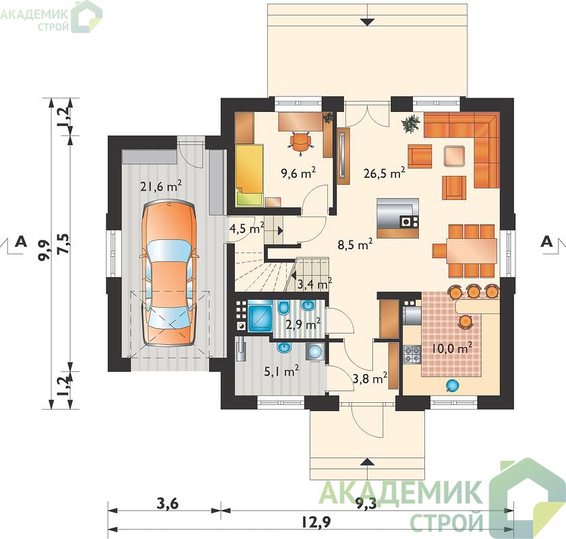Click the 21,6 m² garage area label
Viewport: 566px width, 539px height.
pyautogui.click(x=161, y=186)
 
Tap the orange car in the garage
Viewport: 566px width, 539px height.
pyautogui.click(x=169, y=274)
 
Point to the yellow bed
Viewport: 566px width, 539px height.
pyautogui.click(x=249, y=175)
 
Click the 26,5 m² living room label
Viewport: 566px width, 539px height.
pyautogui.click(x=384, y=173)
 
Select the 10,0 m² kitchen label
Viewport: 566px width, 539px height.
pyautogui.click(x=452, y=348)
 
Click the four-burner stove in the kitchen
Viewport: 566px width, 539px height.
pyautogui.click(x=412, y=354)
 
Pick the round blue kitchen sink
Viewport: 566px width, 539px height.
pyautogui.click(x=452, y=386)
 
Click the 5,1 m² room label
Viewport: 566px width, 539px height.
pyautogui.click(x=281, y=371)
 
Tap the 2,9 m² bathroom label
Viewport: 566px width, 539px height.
pyautogui.click(x=303, y=324)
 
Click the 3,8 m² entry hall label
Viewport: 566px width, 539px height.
pyautogui.click(x=370, y=379)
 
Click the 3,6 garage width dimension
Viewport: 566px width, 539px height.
pyautogui.click(x=167, y=503)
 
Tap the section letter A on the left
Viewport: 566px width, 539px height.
pyautogui.click(x=22, y=241)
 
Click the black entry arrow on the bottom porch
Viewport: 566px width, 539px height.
pyautogui.click(x=368, y=462)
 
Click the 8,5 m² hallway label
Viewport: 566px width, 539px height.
pyautogui.click(x=356, y=245)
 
